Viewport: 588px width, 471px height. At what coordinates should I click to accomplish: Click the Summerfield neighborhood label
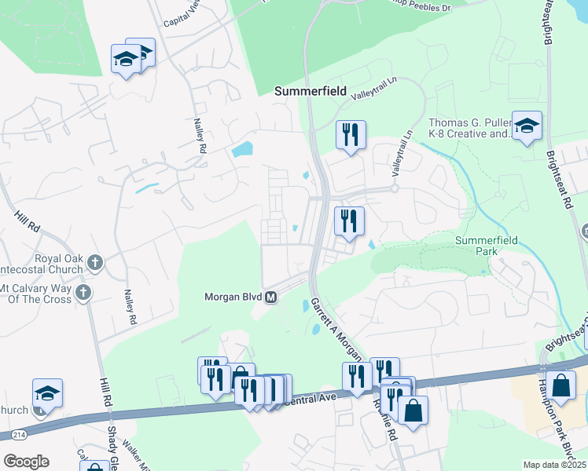(x=311, y=91)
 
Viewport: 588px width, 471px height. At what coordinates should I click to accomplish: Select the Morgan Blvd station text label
(x=233, y=298)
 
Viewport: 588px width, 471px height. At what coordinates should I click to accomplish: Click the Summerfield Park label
(x=487, y=245)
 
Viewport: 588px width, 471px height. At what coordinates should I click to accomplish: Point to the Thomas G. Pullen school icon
(x=527, y=125)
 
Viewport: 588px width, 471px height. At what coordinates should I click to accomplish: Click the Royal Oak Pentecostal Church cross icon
(x=94, y=262)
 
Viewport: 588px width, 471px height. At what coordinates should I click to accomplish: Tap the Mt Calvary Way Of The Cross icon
(x=84, y=293)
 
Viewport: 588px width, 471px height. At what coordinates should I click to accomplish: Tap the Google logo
(x=26, y=462)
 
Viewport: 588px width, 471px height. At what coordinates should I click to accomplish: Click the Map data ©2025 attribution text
(x=554, y=465)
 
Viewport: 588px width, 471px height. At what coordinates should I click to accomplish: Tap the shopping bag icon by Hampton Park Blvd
(x=562, y=385)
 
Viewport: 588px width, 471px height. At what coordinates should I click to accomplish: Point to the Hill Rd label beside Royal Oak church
(x=26, y=219)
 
